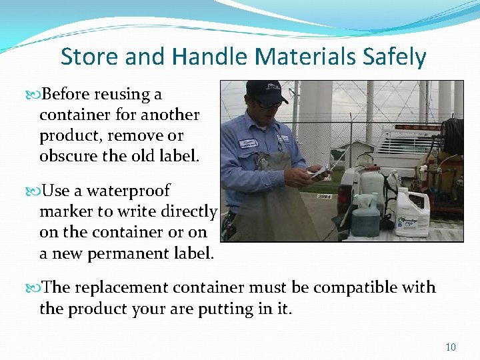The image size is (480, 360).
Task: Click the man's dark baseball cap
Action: click(x=265, y=91)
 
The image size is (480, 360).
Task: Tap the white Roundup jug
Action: click(x=411, y=213)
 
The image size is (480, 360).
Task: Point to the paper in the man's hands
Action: click(x=318, y=173)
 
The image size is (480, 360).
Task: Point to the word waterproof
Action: click(x=127, y=191)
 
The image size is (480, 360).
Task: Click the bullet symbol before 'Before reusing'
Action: click(x=34, y=95)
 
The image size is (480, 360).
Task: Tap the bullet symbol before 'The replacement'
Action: click(x=34, y=288)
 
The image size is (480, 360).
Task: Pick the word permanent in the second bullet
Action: click(x=133, y=253)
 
